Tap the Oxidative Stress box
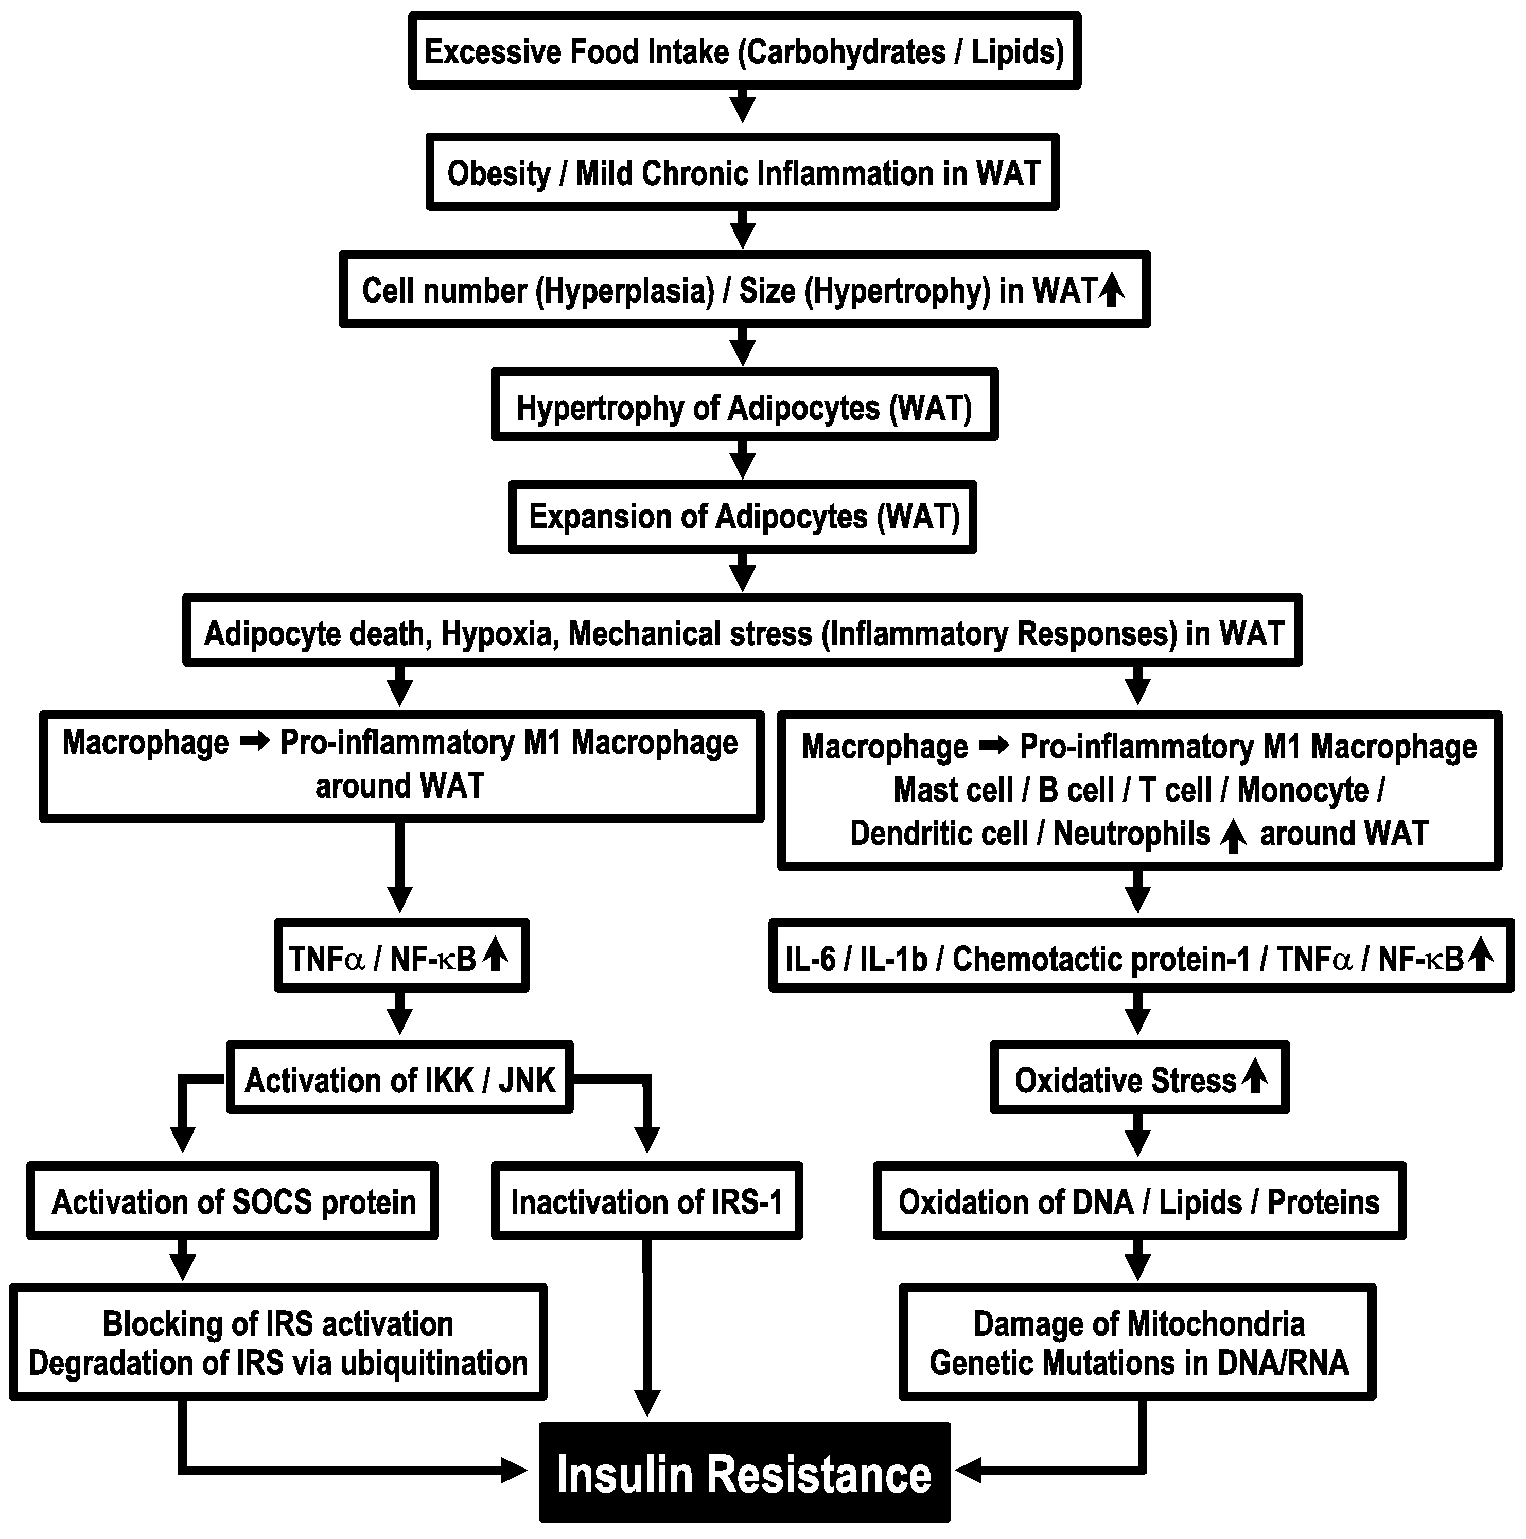(x=1139, y=1080)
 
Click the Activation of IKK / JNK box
(x=400, y=1080)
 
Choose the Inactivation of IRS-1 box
(x=646, y=1202)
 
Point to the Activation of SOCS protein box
(x=233, y=1202)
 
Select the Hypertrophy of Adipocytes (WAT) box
(x=744, y=408)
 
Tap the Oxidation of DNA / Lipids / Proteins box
(x=1139, y=1202)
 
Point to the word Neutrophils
(x=1132, y=833)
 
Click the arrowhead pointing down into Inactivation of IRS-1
(x=647, y=1138)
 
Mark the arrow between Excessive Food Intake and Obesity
(x=743, y=107)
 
